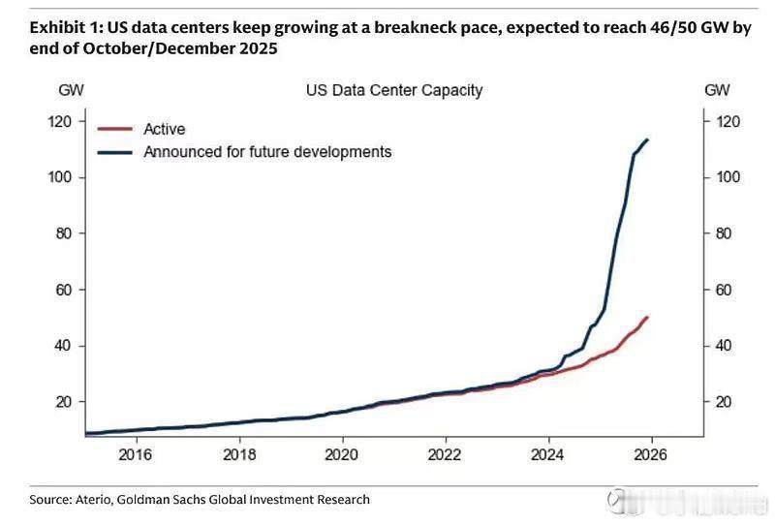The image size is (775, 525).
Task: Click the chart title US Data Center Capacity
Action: pyautogui.click(x=393, y=91)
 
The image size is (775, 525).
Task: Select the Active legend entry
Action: pyautogui.click(x=164, y=129)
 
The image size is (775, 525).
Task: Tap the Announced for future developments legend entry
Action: pyautogui.click(x=267, y=152)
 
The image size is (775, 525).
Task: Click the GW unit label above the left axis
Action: pyautogui.click(x=71, y=91)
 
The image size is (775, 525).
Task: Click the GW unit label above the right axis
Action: pyautogui.click(x=717, y=91)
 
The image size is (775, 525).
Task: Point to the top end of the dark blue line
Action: pyautogui.click(x=647, y=140)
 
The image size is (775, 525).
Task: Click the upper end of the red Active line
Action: pyautogui.click(x=647, y=318)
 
